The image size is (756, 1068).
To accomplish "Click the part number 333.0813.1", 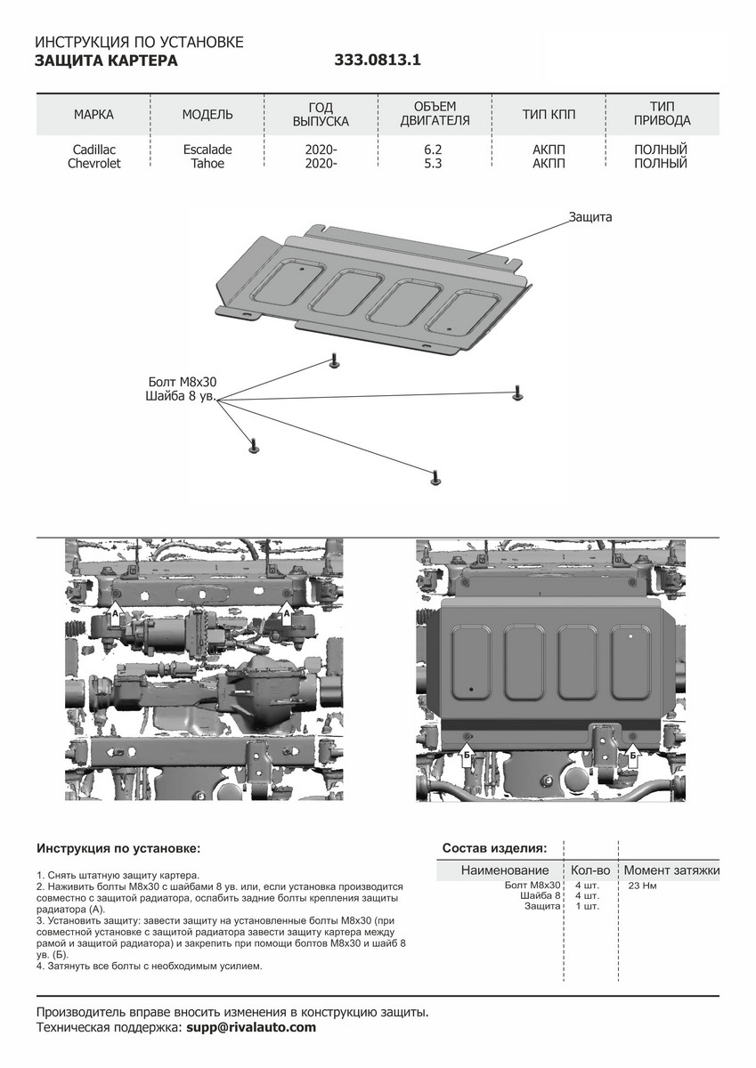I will (377, 61).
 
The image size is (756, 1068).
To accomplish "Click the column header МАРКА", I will (93, 115).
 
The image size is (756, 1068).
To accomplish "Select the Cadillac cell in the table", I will (93, 150).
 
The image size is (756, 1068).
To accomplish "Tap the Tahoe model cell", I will (207, 164).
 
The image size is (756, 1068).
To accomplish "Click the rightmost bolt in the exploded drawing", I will (517, 392).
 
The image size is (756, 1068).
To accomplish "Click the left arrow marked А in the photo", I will (114, 613).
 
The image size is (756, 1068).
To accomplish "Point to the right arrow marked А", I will (286, 612).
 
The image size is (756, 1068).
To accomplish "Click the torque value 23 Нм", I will (642, 886).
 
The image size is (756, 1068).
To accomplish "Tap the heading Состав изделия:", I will (494, 847).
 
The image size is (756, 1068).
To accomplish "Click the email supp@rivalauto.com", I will (251, 1027).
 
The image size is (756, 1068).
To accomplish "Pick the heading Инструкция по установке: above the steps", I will (118, 847).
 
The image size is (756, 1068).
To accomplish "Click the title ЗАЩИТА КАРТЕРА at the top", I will (106, 61).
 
